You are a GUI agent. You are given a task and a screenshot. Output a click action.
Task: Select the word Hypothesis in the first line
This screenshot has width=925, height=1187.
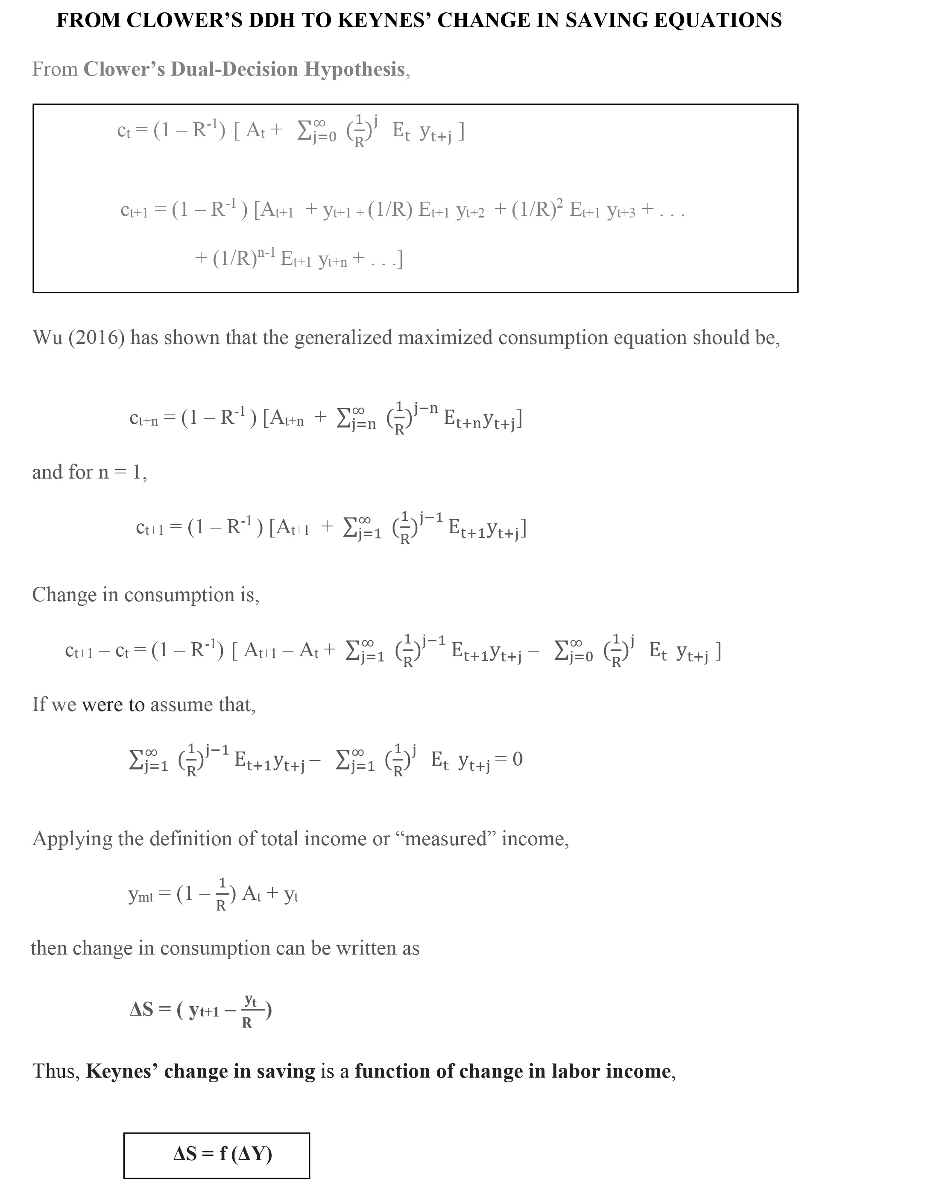tap(354, 69)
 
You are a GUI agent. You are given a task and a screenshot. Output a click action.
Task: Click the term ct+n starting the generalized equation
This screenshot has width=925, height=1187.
tap(144, 418)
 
